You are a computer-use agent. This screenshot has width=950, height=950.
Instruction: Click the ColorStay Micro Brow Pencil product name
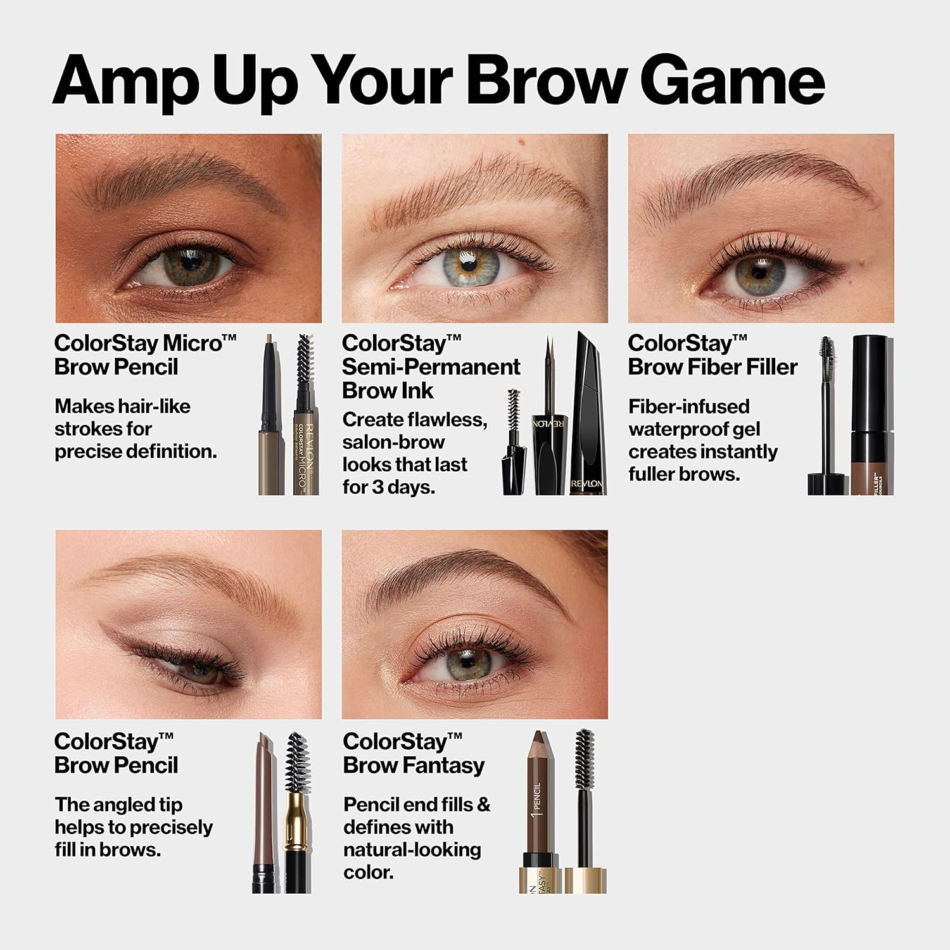pos(145,355)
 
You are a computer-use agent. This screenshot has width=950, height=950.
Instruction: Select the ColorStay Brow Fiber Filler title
pos(712,355)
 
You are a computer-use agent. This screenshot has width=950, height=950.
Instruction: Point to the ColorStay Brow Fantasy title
pos(414,753)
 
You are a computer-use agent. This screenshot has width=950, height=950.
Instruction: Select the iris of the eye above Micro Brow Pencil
pos(191,266)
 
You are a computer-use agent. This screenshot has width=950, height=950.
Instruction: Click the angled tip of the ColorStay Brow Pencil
pos(264,744)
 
